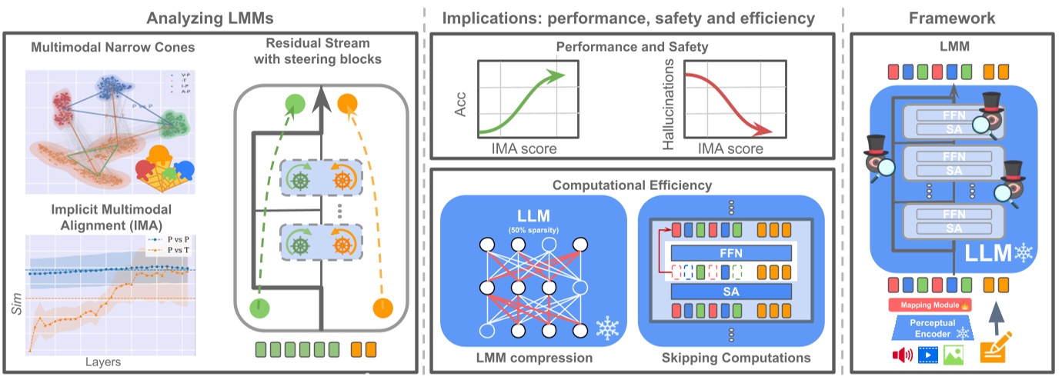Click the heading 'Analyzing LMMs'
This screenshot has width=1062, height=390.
pyautogui.click(x=212, y=17)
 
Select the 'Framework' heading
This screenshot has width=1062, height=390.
pyautogui.click(x=952, y=17)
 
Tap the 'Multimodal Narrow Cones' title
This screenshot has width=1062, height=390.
pyautogui.click(x=112, y=48)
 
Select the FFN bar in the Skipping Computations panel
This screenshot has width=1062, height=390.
pyautogui.click(x=731, y=252)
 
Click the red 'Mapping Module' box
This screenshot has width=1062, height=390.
pyautogui.click(x=930, y=305)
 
